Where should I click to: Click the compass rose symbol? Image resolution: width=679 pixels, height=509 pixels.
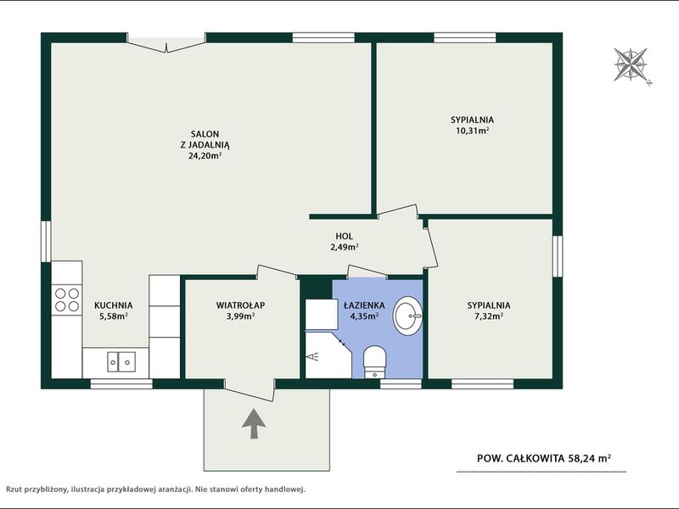coord(631,65)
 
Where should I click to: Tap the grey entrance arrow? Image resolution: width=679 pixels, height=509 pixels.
coord(253,423)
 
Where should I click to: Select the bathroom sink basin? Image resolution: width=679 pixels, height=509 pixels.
coord(407,316)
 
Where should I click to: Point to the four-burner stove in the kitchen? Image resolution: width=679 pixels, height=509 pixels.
coord(67,300)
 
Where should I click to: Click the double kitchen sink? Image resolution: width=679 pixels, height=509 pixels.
coord(121,362)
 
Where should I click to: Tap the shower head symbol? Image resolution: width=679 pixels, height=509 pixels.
coord(312,356)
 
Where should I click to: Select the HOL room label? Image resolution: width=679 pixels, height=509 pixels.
coord(345,237)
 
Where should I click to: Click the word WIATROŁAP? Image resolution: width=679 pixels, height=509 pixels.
coord(240,305)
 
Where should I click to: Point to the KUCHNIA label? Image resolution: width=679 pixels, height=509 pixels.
coord(114,305)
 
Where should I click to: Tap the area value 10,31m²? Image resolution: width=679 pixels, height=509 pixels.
coord(472,131)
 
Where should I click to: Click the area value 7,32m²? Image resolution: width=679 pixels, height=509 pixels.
coord(489,316)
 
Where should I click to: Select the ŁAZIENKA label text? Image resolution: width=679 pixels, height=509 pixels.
coord(364,305)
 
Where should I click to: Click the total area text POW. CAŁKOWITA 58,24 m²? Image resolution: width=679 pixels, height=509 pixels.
coord(544,458)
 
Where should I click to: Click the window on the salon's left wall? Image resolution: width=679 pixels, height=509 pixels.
coord(46,241)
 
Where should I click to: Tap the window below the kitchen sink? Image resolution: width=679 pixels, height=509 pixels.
coord(121,384)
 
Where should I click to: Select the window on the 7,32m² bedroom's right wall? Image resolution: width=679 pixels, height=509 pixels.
coord(558,257)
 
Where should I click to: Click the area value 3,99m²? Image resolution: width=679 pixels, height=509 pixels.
coord(240,316)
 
